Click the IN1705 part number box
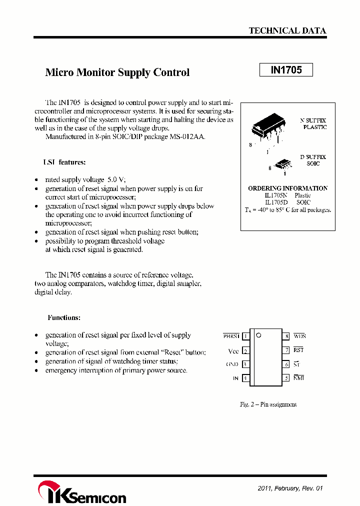(286, 70)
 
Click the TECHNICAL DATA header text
(287, 30)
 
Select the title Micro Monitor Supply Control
(117, 72)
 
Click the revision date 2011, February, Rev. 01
(287, 488)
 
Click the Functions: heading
(64, 317)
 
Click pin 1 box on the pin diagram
(245, 336)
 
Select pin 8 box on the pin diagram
(286, 336)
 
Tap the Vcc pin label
(233, 351)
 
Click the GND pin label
(232, 364)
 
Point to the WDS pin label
(299, 336)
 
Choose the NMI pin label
(298, 378)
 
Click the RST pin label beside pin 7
(298, 350)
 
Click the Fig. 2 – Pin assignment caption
(268, 404)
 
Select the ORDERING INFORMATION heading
(287, 188)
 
